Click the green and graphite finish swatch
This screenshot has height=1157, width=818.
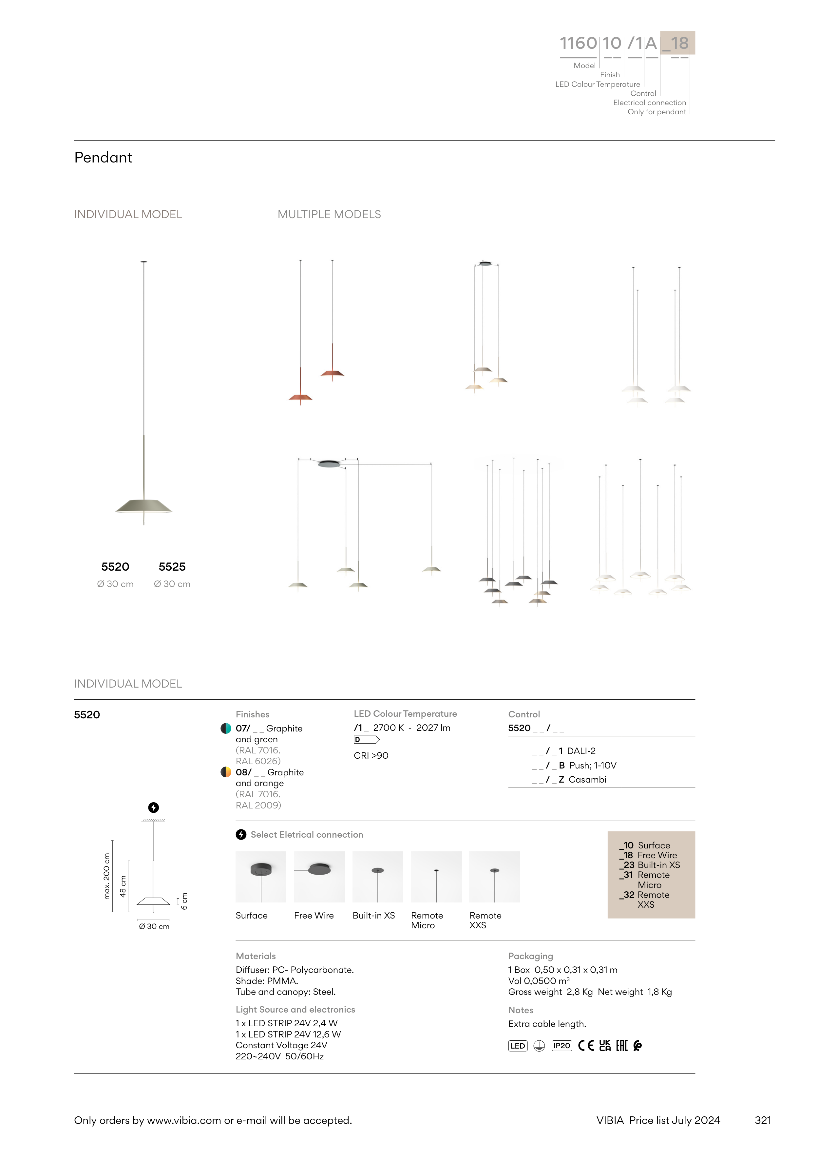[x=226, y=728]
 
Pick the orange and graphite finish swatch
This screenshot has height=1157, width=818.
[x=226, y=772]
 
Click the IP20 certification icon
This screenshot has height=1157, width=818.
[x=561, y=1046]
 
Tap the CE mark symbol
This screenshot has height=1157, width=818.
[x=586, y=1046]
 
